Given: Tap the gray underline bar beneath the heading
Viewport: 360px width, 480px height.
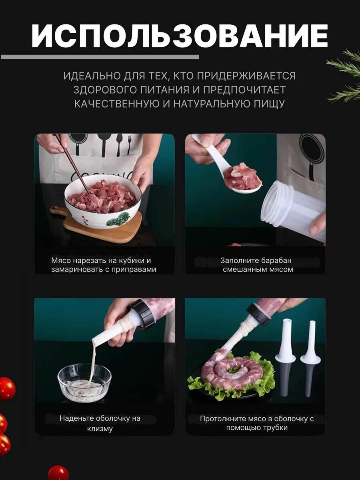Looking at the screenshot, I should [100, 57].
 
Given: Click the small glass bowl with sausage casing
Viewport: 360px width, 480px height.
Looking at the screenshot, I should [84, 382].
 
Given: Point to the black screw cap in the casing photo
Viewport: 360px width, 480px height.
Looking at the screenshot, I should [142, 314].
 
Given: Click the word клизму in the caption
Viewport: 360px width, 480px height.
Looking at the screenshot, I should [100, 429].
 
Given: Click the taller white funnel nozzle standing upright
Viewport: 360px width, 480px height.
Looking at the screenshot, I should [287, 356].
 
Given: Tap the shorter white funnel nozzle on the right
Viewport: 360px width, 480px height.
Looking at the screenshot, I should [310, 358].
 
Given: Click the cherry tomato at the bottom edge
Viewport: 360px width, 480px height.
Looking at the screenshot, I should [58, 473].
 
